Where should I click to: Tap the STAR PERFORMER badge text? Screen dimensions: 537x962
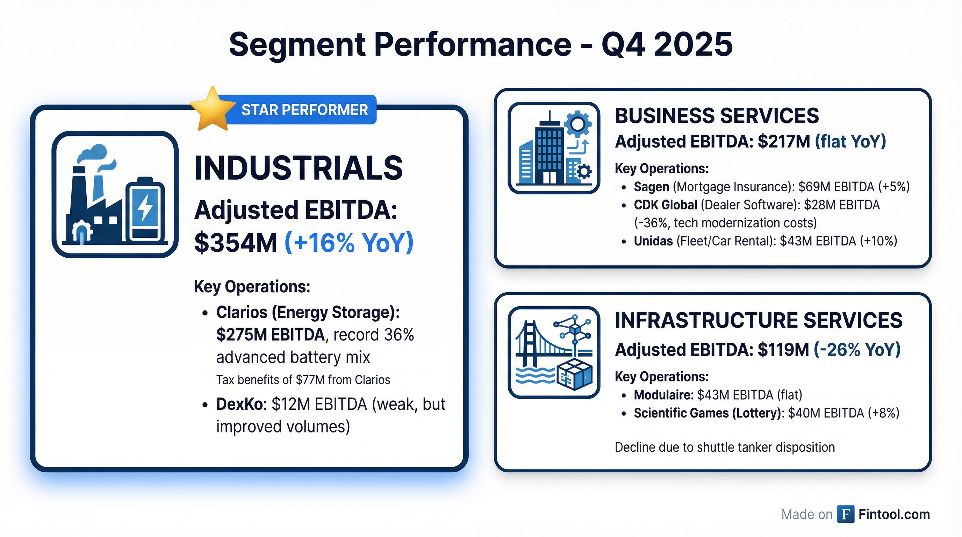tap(304, 110)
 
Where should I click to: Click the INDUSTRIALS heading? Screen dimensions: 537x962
tap(299, 168)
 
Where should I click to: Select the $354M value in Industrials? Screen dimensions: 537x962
tap(236, 243)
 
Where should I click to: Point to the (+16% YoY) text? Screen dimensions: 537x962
tap(349, 243)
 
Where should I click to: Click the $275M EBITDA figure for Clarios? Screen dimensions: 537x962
tap(270, 335)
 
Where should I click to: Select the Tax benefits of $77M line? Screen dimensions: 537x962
tap(303, 380)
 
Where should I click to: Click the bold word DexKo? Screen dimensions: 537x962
tap(239, 404)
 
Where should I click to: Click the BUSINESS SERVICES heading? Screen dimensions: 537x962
tap(717, 116)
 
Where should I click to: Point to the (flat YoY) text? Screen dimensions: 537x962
tap(850, 142)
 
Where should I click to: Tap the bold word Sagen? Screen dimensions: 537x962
tap(651, 187)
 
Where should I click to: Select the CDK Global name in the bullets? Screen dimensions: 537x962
tap(665, 205)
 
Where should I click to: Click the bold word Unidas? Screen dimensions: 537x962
tap(653, 241)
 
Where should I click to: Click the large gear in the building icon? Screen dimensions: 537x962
tap(577, 124)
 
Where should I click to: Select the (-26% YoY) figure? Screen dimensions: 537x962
tap(857, 350)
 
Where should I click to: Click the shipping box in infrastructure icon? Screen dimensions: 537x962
tap(574, 375)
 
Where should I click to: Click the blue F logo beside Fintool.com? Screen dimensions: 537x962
tap(846, 514)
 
